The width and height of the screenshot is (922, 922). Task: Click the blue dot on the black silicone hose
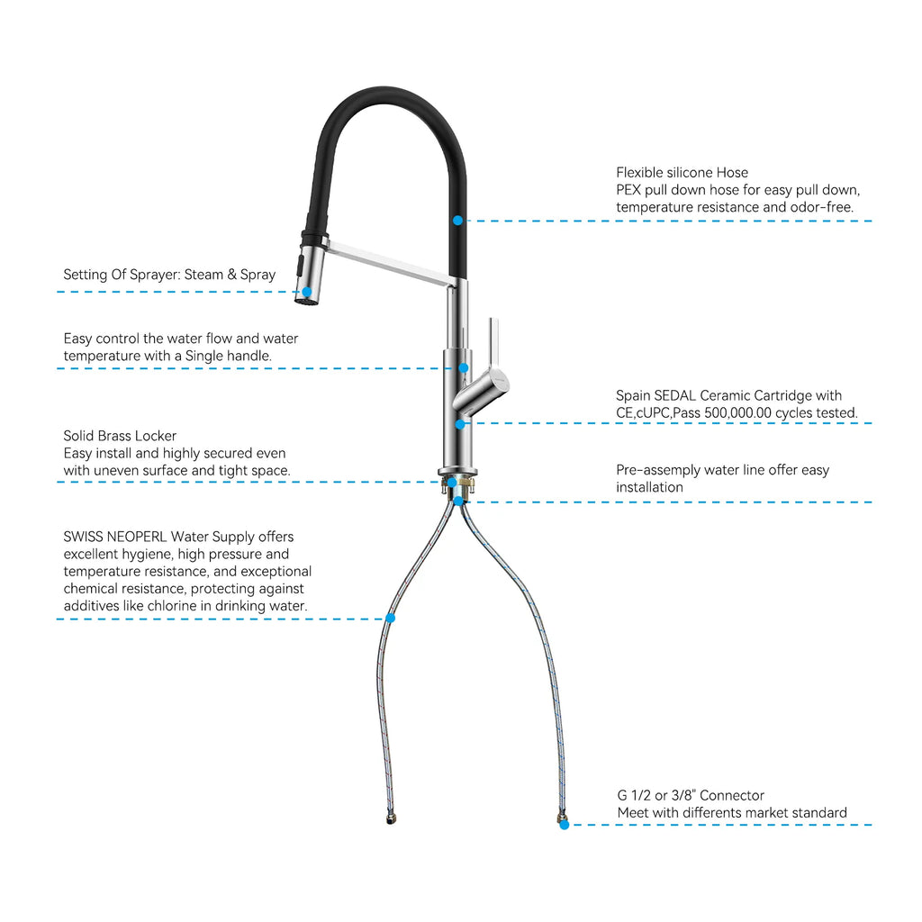coord(457,220)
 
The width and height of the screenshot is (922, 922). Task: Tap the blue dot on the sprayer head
coord(307,292)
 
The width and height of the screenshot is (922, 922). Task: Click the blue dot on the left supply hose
coord(390,618)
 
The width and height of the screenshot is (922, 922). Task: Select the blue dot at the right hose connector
coord(564,824)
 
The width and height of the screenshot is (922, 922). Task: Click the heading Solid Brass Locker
coord(120,436)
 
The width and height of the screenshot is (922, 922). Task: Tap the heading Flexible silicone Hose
coord(682,172)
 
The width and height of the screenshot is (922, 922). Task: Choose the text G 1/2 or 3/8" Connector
coord(691,795)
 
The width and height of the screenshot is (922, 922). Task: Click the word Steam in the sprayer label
coord(203,275)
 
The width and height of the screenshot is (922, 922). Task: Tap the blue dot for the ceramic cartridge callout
coord(459,423)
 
